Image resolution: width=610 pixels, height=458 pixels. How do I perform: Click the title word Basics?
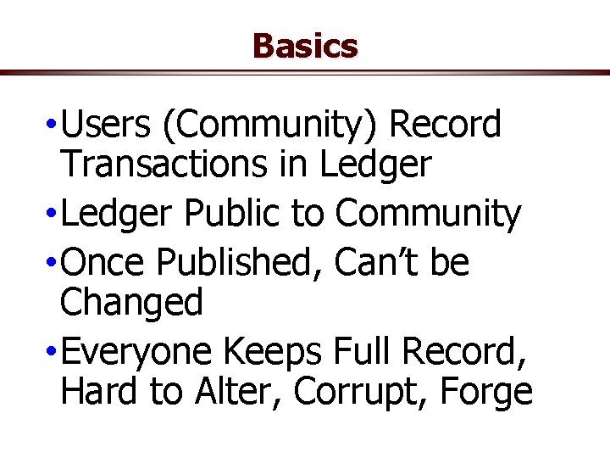[x=305, y=46]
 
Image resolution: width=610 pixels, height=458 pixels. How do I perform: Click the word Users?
[x=105, y=126]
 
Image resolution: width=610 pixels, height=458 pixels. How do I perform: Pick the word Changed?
[x=132, y=303]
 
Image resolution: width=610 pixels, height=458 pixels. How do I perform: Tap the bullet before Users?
[x=53, y=126]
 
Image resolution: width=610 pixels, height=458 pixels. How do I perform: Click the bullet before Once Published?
[x=53, y=264]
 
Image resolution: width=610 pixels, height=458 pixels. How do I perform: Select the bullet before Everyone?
[x=53, y=352]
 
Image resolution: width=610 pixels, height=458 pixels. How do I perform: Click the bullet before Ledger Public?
[x=53, y=215]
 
